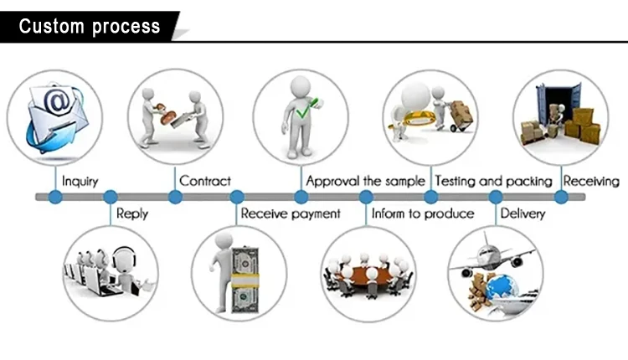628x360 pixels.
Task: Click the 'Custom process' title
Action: [90, 26]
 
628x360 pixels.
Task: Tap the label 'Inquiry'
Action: [80, 181]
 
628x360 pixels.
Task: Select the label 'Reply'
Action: [131, 213]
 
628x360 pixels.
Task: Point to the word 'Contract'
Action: [205, 181]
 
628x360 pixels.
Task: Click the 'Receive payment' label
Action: [291, 213]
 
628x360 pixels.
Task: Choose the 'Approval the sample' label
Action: [367, 181]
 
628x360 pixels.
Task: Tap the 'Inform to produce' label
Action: [422, 213]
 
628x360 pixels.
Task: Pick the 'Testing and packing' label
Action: [493, 181]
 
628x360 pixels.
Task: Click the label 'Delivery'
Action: [522, 213]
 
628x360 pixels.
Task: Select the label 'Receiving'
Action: [591, 181]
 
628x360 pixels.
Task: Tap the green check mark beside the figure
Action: [305, 108]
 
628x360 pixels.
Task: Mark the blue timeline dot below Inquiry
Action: [54, 198]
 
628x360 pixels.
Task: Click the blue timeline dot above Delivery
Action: [496, 198]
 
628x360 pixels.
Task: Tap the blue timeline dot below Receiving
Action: [561, 198]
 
